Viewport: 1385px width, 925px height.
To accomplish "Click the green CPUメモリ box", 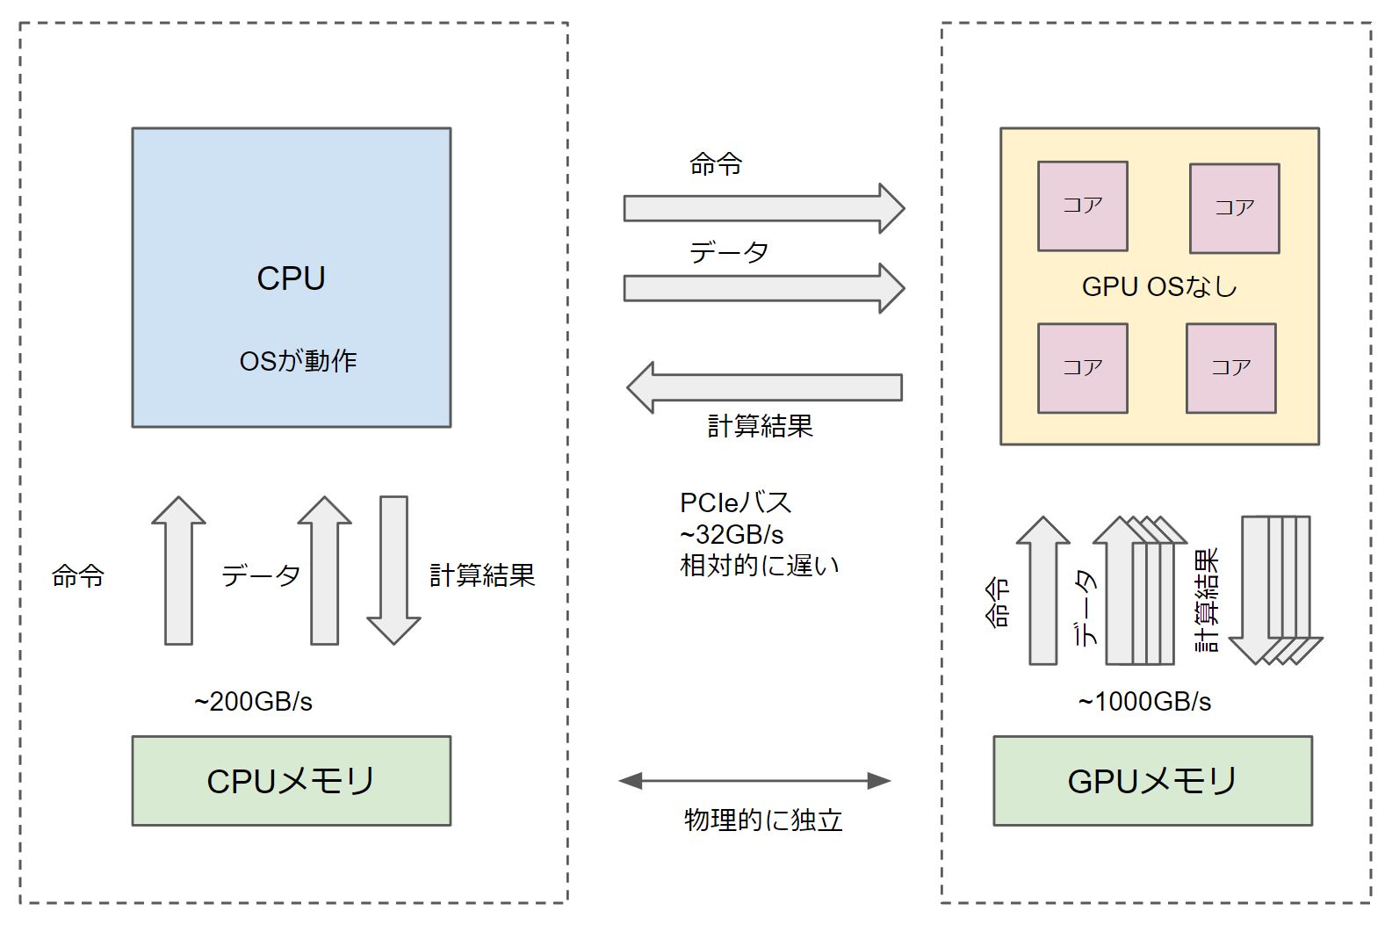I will click(291, 781).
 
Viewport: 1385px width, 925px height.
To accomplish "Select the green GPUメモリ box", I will click(1152, 781).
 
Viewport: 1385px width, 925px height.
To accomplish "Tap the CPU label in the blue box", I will click(291, 278).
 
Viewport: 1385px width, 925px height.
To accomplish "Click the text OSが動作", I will click(298, 361).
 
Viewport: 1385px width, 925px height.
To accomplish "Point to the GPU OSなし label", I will click(1159, 286).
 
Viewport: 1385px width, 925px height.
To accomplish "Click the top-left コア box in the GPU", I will click(1082, 206).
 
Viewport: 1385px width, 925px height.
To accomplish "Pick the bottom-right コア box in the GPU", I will click(1230, 368).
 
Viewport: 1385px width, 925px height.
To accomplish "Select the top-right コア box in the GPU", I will click(1234, 208).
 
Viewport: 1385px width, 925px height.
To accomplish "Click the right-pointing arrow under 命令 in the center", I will click(762, 208).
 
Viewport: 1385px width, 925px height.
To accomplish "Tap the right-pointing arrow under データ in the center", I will click(762, 288).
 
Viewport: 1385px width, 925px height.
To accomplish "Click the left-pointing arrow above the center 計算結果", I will click(764, 387).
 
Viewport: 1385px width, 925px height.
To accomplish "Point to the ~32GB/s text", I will click(732, 534).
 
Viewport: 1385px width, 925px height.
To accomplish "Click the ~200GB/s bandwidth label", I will click(253, 702).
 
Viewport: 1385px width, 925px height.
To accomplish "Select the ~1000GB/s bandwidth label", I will click(1144, 702).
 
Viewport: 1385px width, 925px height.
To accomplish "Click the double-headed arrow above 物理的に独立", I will click(755, 780).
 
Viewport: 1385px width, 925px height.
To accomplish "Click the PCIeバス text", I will click(735, 502).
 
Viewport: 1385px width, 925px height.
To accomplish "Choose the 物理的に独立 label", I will click(762, 820).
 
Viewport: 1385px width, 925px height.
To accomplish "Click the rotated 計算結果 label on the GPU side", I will click(1208, 600).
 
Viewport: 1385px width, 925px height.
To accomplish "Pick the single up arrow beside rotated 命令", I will click(1042, 591).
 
